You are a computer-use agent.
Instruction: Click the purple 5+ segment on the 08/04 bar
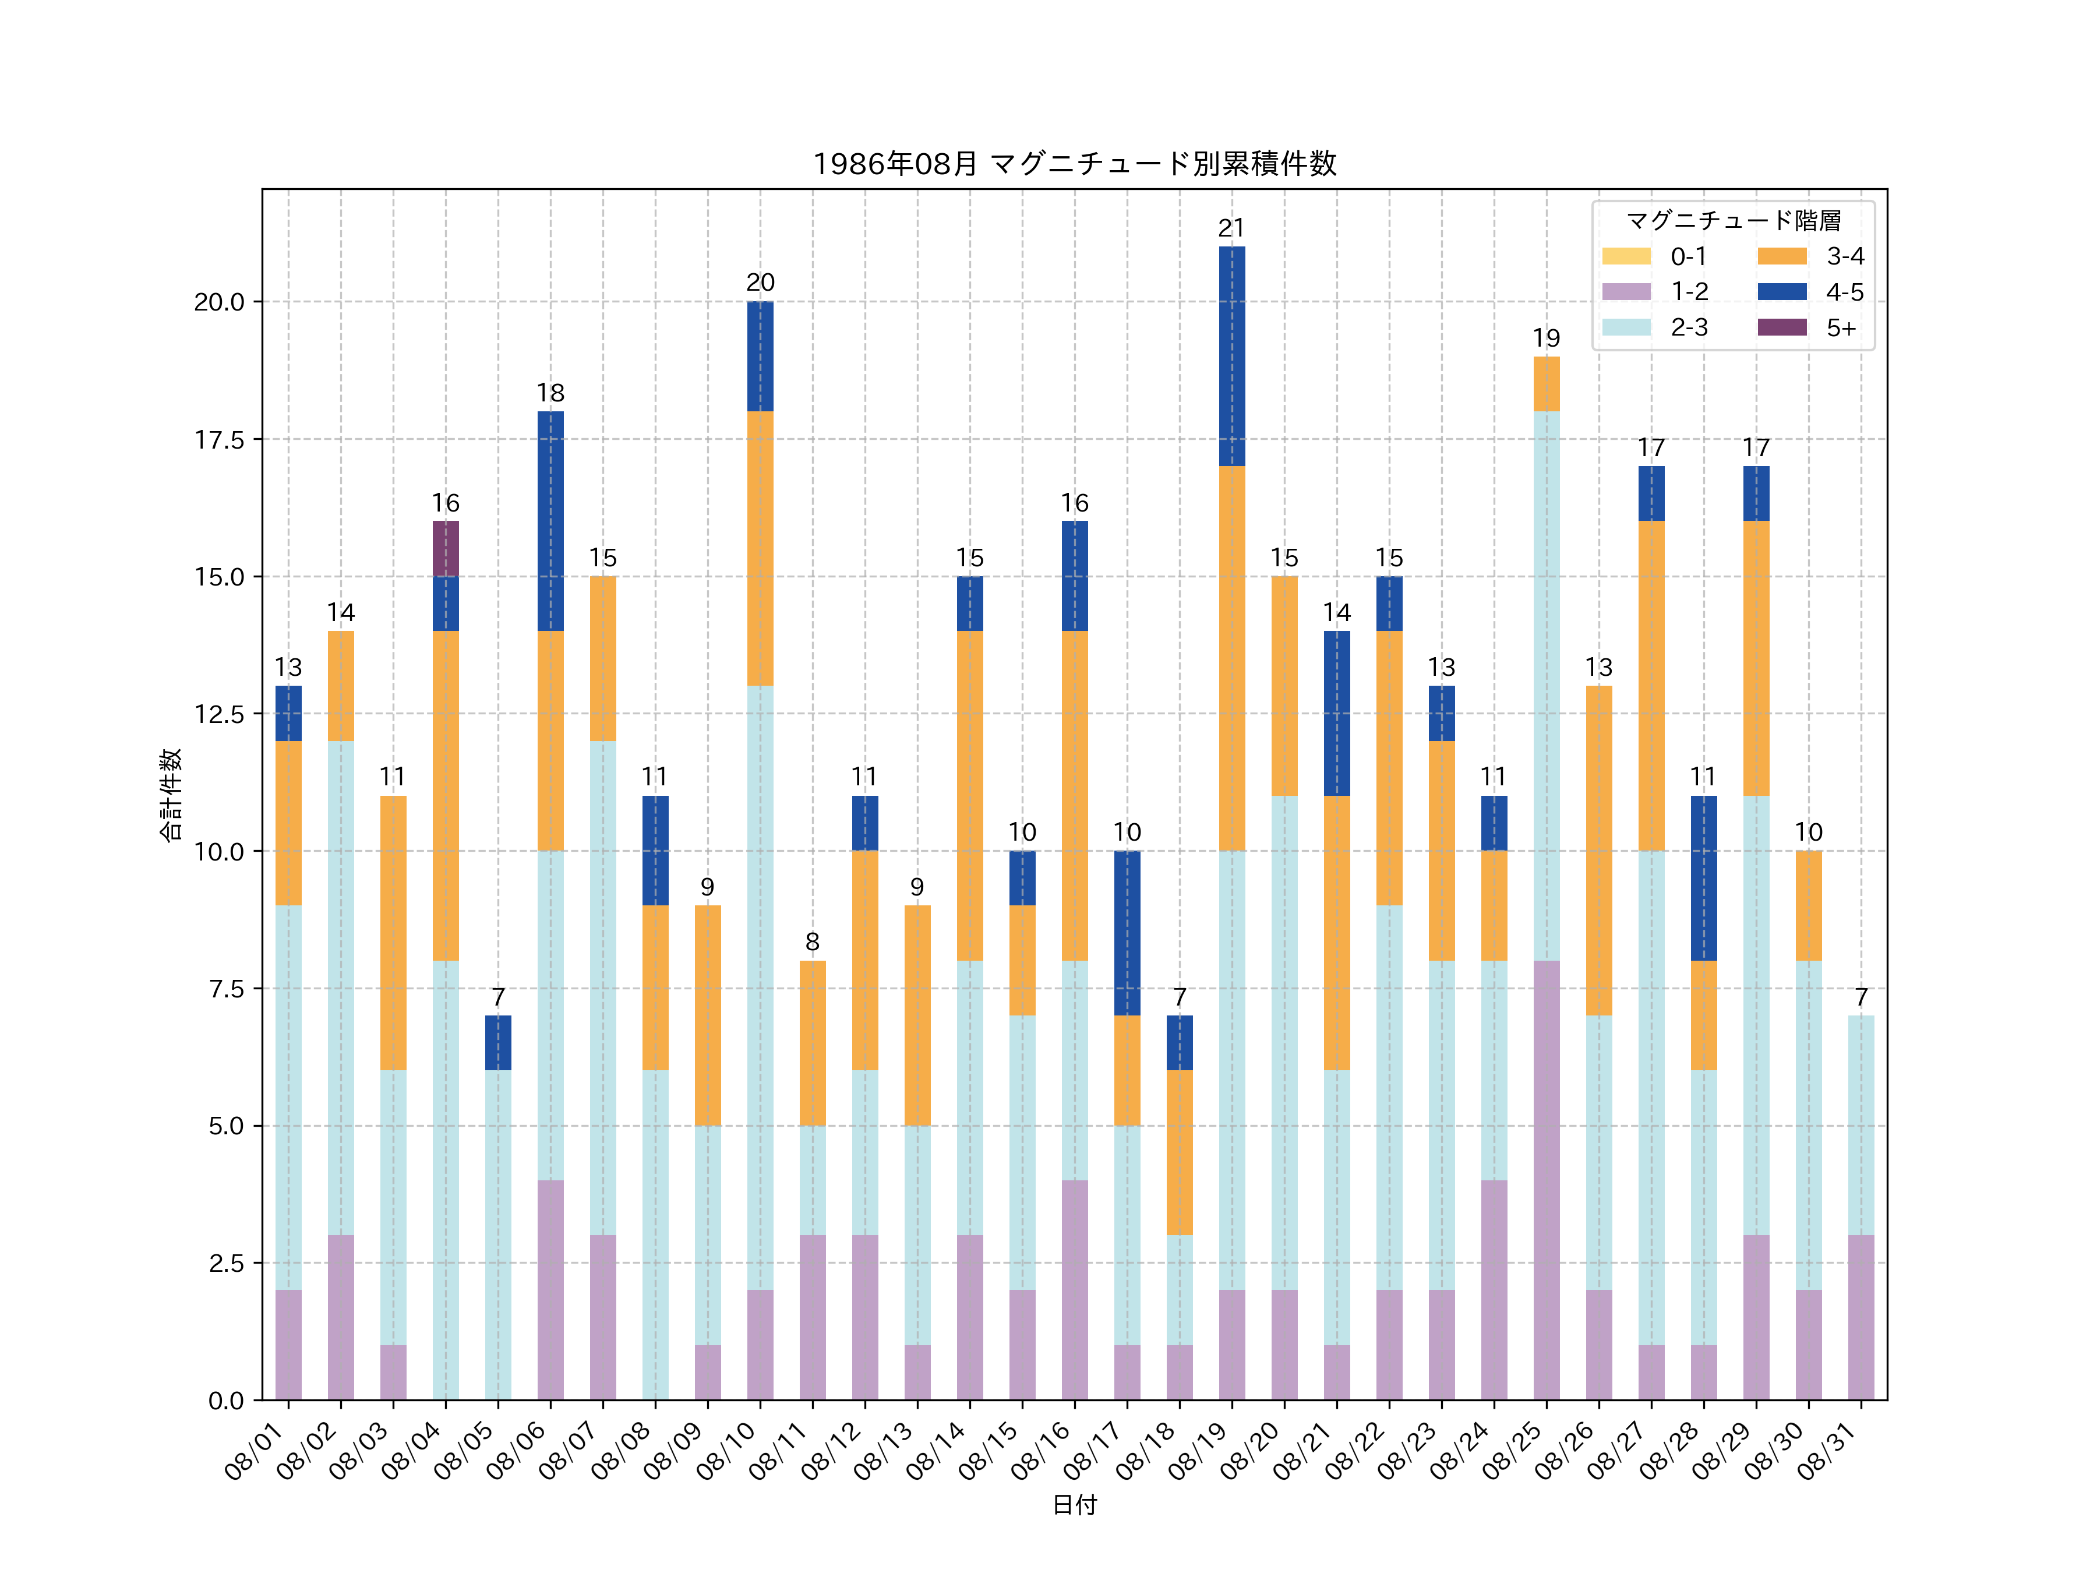[x=446, y=548]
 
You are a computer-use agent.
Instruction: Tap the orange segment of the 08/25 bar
[x=1546, y=383]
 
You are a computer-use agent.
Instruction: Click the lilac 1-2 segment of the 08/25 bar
[x=1546, y=1180]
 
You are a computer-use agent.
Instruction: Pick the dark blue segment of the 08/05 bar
[x=497, y=1042]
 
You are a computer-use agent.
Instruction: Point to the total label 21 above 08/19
[x=1231, y=228]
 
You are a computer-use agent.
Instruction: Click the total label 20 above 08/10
[x=760, y=283]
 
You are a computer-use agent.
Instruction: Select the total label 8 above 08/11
[x=813, y=941]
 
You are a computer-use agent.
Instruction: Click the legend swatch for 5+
[x=1781, y=327]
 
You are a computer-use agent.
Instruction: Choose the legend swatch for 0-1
[x=1626, y=256]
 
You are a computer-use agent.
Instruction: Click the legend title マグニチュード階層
[x=1733, y=221]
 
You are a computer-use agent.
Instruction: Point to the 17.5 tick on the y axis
[x=219, y=439]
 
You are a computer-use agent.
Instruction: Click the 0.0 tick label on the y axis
[x=225, y=1401]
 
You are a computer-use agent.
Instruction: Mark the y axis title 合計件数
[x=171, y=795]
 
